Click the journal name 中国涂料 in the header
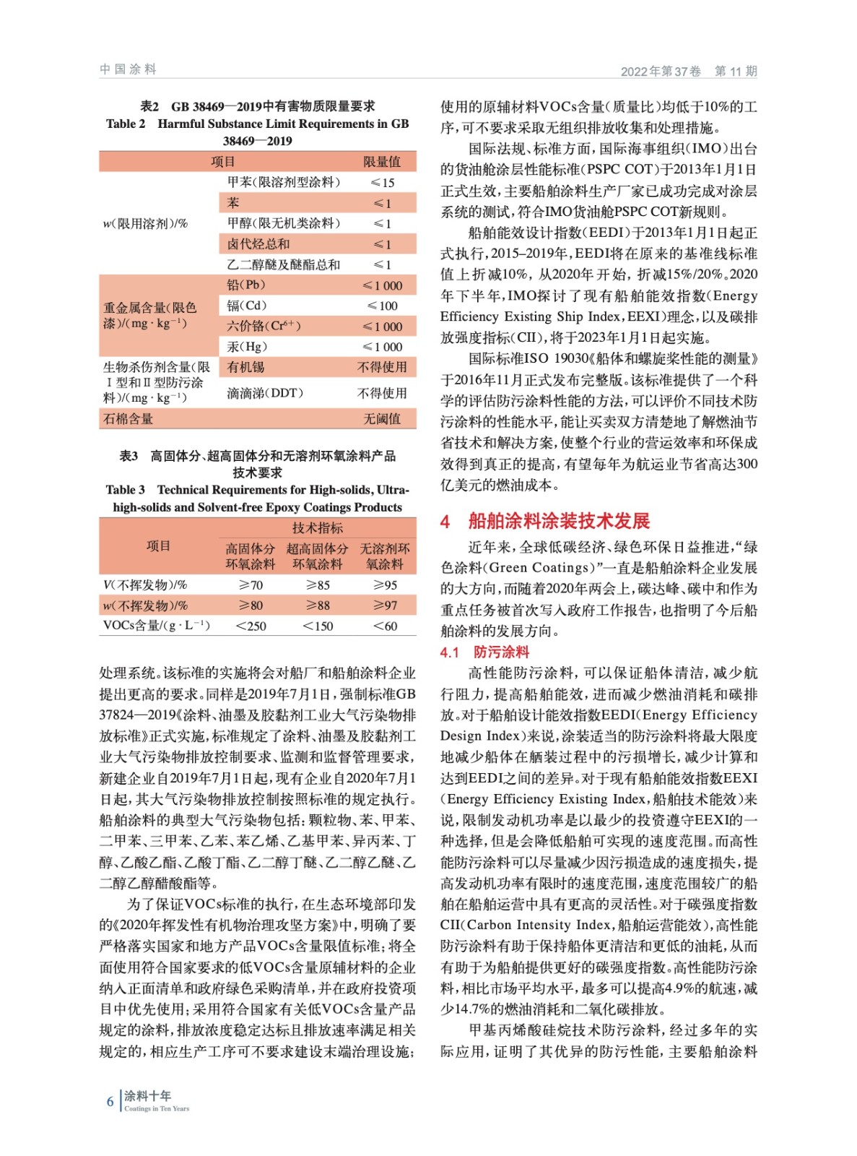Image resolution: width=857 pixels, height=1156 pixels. click(x=128, y=69)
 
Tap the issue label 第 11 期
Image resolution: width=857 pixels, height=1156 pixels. click(x=736, y=71)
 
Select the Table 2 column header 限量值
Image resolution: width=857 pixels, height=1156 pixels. click(x=382, y=162)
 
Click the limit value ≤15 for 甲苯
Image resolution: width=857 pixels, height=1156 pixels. click(x=382, y=183)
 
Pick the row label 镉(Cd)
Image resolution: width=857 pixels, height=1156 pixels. click(x=247, y=306)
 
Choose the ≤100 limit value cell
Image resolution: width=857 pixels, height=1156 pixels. click(x=382, y=306)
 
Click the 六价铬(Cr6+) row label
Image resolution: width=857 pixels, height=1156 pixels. click(x=264, y=327)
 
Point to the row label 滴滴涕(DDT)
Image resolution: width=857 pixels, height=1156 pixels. click(x=265, y=393)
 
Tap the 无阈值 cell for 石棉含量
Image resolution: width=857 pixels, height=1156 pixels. click(x=382, y=419)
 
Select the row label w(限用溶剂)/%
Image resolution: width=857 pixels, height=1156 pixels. click(x=145, y=224)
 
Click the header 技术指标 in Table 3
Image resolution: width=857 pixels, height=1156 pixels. click(x=317, y=528)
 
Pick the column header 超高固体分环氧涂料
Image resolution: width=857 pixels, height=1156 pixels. click(x=317, y=556)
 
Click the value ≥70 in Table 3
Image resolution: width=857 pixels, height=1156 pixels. click(x=251, y=585)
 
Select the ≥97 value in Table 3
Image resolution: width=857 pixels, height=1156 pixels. click(x=385, y=605)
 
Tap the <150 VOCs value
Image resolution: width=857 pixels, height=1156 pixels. click(x=318, y=626)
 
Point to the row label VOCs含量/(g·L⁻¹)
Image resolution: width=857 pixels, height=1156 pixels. click(x=156, y=626)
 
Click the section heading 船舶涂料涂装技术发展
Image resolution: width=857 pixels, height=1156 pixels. click(x=559, y=521)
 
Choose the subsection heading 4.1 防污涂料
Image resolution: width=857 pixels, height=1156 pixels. click(x=484, y=652)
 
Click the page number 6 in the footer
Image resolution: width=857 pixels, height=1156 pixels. click(x=110, y=1102)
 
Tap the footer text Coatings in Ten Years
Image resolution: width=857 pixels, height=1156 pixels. click(x=157, y=1109)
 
